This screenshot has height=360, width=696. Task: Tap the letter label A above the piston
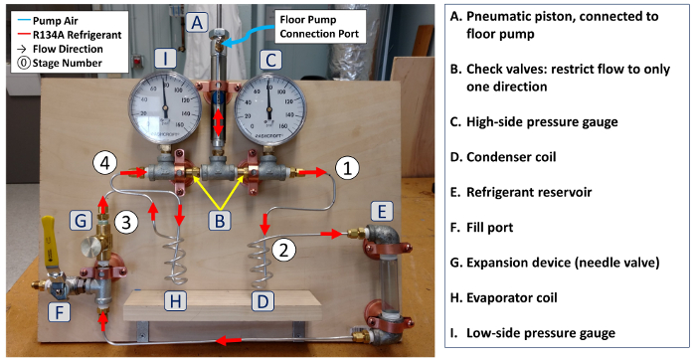198,22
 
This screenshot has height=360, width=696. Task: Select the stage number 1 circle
348,169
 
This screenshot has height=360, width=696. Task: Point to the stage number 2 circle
283,250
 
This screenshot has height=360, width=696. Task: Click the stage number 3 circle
126,222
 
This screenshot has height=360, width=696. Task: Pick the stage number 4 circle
104,163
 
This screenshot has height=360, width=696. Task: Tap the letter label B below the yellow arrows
220,220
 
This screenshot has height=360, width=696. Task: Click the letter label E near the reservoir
382,211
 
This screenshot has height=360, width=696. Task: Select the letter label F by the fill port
59,312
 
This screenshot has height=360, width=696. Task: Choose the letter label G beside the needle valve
81,220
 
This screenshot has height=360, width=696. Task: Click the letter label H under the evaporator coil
175,301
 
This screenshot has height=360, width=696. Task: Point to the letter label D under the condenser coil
262,301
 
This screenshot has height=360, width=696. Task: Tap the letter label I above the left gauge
165,60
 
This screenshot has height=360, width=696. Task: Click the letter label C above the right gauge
270,60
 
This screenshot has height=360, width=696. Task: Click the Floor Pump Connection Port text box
320,26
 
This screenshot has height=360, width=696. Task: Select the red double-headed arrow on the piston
218,121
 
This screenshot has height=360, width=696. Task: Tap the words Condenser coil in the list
511,157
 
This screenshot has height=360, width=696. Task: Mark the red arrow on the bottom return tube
229,340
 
